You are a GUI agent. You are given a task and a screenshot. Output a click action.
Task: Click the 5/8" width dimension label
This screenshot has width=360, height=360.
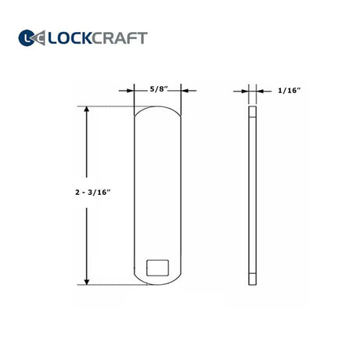tap(158, 89)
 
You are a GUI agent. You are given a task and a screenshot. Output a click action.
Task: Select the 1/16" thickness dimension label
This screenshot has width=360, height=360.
tap(289, 91)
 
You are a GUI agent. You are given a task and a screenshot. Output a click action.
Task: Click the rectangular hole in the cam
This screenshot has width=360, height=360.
tap(157, 268)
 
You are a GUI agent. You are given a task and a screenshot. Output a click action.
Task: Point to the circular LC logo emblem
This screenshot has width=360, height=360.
tap(27, 38)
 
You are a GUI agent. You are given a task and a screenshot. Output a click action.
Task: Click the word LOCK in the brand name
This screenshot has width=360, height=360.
tap(70, 38)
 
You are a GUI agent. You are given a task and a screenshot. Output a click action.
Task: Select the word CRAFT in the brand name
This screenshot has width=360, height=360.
tap(120, 38)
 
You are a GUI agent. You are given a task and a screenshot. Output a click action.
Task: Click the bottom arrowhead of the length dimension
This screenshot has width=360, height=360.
tap(87, 282)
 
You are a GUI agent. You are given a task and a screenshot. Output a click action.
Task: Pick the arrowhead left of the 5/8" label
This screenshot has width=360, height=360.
tap(131, 91)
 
